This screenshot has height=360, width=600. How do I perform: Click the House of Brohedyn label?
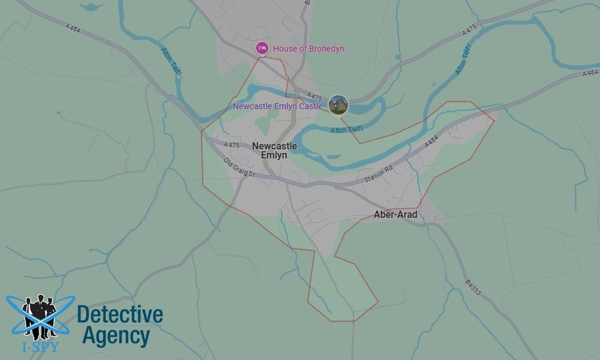pyautogui.click(x=308, y=49)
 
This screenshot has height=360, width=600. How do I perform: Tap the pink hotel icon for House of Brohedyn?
pyautogui.click(x=262, y=48)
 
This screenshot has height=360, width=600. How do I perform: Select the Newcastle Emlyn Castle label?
pyautogui.click(x=277, y=106)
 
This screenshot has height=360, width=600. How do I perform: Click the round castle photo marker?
pyautogui.click(x=338, y=105)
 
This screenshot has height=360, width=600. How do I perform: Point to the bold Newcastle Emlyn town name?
pyautogui.click(x=274, y=150)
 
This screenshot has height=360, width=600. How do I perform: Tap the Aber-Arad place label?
pyautogui.click(x=395, y=214)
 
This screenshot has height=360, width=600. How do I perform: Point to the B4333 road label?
pyautogui.click(x=473, y=287)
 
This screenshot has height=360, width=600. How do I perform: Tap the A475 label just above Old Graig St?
pyautogui.click(x=232, y=145)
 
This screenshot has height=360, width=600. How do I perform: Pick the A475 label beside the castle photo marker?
pyautogui.click(x=314, y=96)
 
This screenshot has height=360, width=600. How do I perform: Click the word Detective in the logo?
pyautogui.click(x=120, y=314)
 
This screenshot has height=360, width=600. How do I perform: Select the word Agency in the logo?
pyautogui.click(x=115, y=336)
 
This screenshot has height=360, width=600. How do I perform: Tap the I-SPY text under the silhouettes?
pyautogui.click(x=40, y=346)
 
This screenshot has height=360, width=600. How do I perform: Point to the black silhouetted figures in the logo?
pyautogui.click(x=40, y=315)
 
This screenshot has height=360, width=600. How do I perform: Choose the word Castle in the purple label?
pyautogui.click(x=311, y=106)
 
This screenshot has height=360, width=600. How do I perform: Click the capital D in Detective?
pyautogui.click(x=83, y=314)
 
